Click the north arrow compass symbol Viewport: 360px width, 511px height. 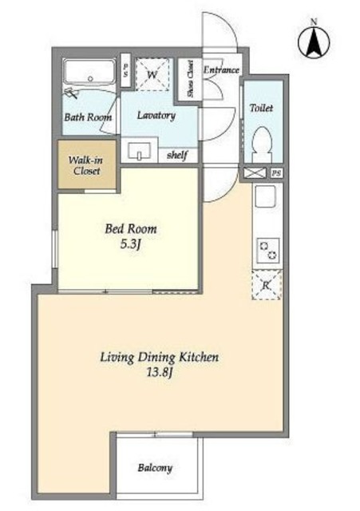point(314,42)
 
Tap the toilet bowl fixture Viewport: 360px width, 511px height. point(263,144)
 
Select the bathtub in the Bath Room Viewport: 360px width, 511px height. point(89,72)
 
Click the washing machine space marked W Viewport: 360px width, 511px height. point(152,74)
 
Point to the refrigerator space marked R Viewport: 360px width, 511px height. point(267,285)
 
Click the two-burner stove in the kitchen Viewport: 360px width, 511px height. point(268,250)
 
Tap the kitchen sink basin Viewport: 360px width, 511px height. point(266,196)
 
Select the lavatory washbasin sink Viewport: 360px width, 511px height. point(140,151)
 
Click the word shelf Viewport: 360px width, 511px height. point(177,155)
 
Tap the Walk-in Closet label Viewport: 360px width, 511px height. point(86,165)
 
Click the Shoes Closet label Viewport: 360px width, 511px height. point(190,78)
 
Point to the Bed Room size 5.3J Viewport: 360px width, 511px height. point(130,244)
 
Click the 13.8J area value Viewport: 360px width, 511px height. point(159,372)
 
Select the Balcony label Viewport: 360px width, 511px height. point(155,468)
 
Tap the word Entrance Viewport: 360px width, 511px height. point(222,69)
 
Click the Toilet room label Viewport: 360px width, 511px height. point(261,108)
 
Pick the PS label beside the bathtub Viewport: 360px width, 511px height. point(126,70)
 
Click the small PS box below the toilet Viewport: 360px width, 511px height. point(277,173)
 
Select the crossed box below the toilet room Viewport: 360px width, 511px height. point(255,173)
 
